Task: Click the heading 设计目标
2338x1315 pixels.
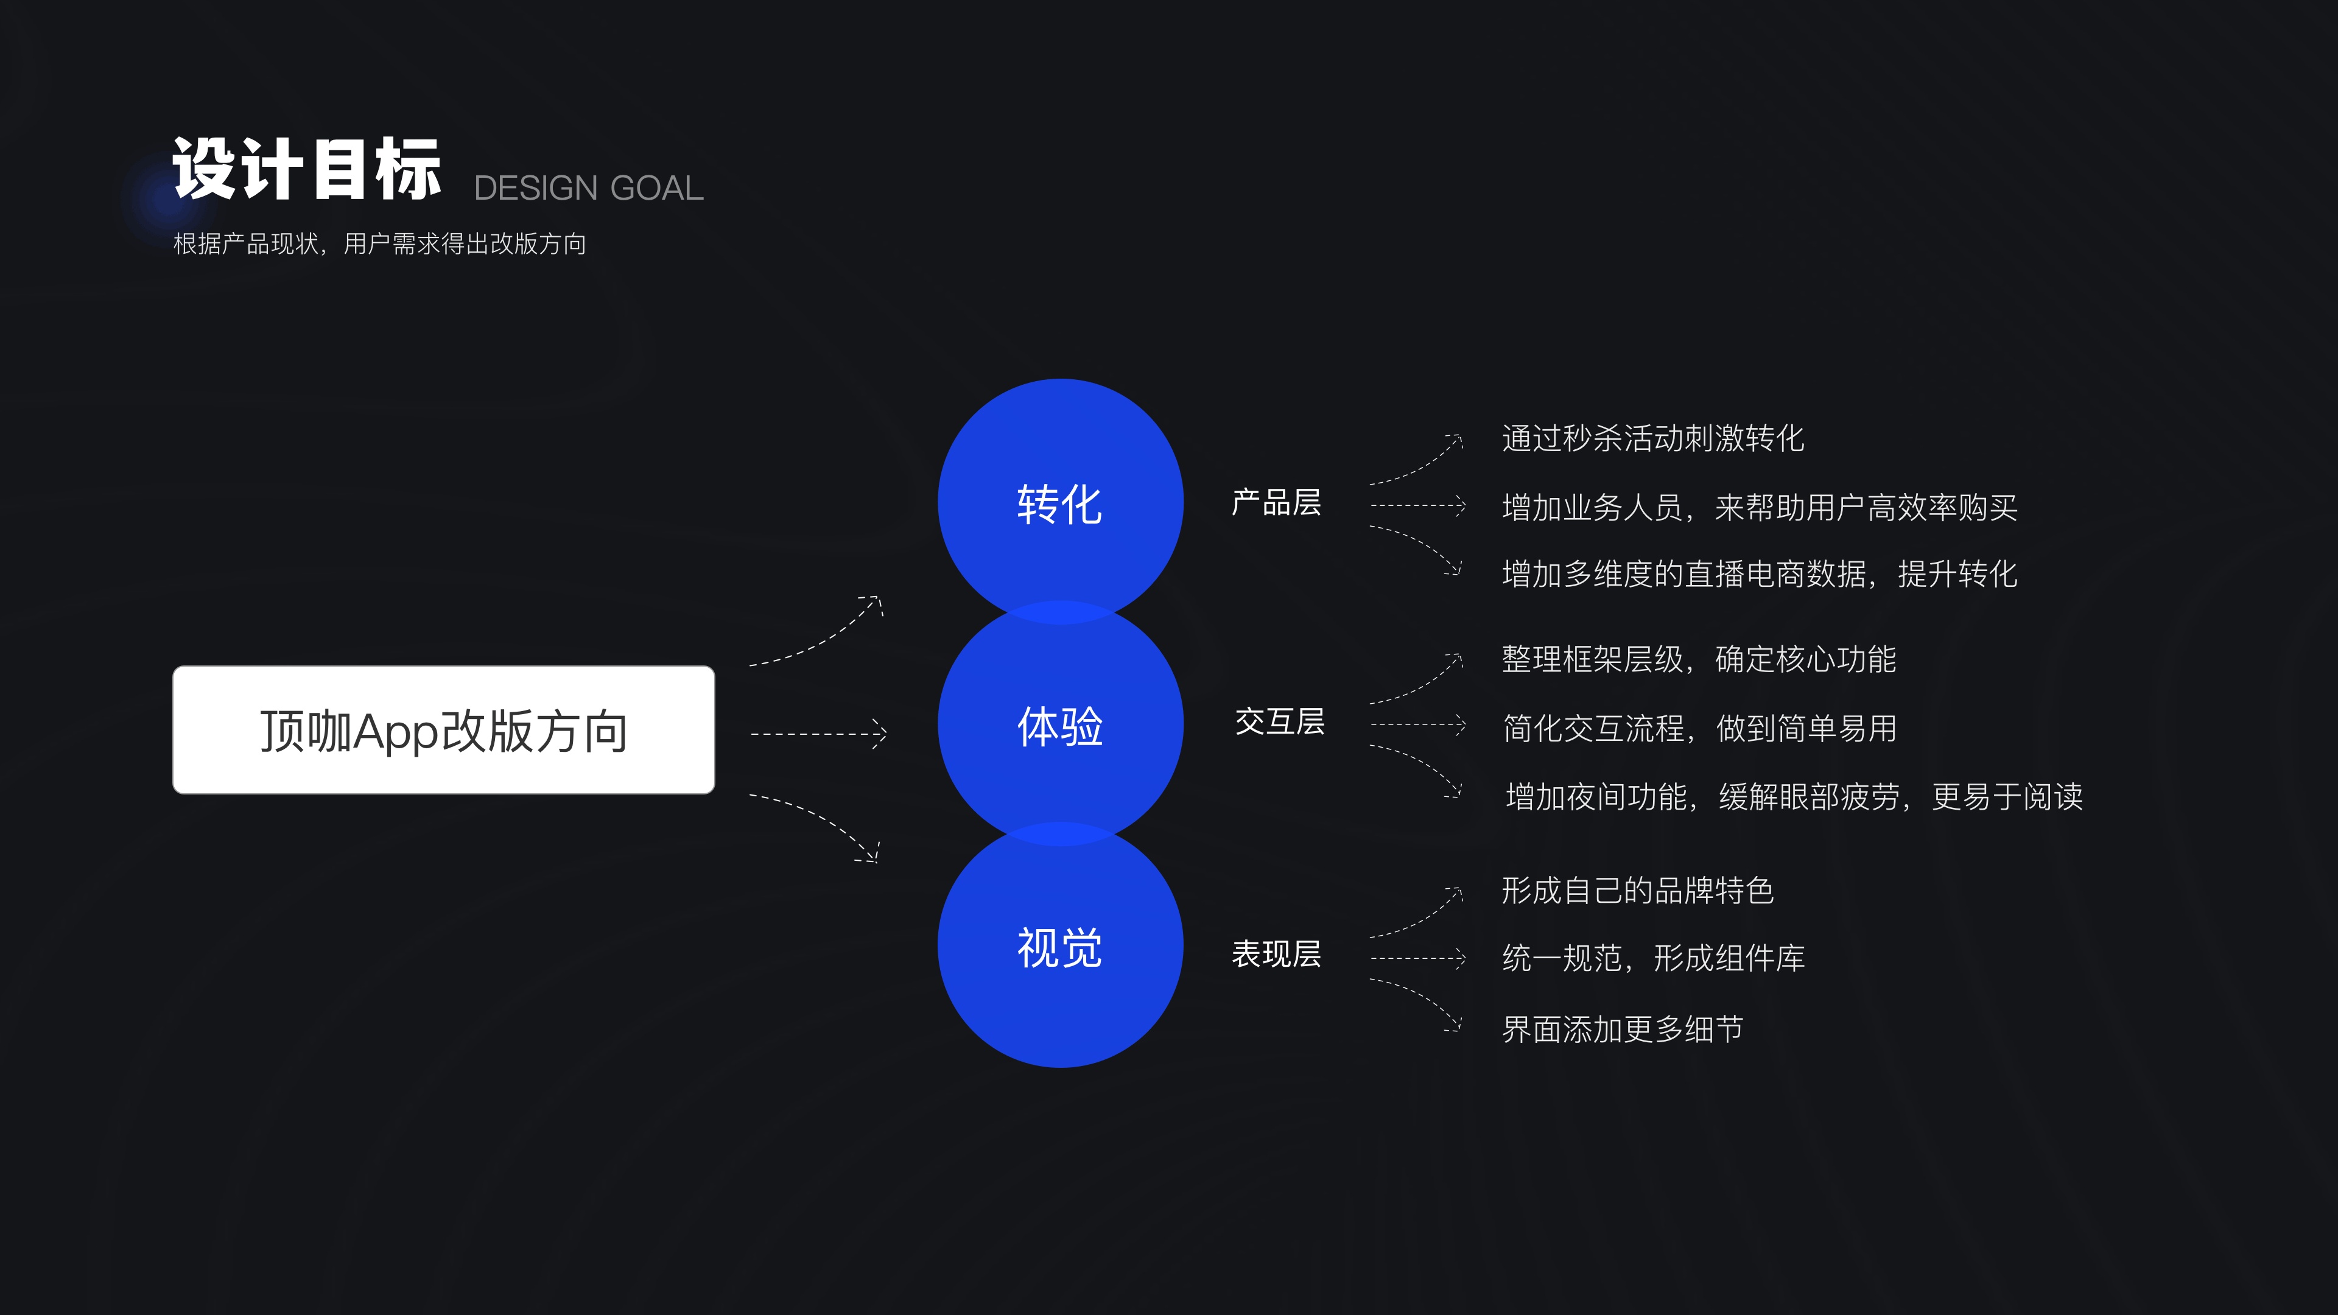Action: point(307,170)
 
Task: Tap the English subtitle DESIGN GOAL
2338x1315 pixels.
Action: point(588,188)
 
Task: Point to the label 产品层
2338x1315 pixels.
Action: point(1276,502)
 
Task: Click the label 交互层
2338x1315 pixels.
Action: point(1279,723)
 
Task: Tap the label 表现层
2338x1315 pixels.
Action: point(1276,954)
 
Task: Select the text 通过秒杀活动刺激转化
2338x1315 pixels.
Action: point(1653,438)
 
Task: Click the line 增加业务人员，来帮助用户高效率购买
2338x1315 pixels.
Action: point(1759,507)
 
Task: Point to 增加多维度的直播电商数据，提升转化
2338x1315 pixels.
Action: point(1759,573)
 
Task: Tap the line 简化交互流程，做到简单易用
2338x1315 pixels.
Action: point(1699,728)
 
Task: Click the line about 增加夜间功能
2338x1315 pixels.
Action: point(1794,797)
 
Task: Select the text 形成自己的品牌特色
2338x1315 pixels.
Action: point(1637,890)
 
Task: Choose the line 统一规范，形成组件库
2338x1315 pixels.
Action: point(1653,958)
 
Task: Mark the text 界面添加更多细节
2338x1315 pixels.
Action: point(1622,1029)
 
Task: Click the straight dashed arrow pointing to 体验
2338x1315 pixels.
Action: point(818,733)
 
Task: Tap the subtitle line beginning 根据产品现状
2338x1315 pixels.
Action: point(379,244)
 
